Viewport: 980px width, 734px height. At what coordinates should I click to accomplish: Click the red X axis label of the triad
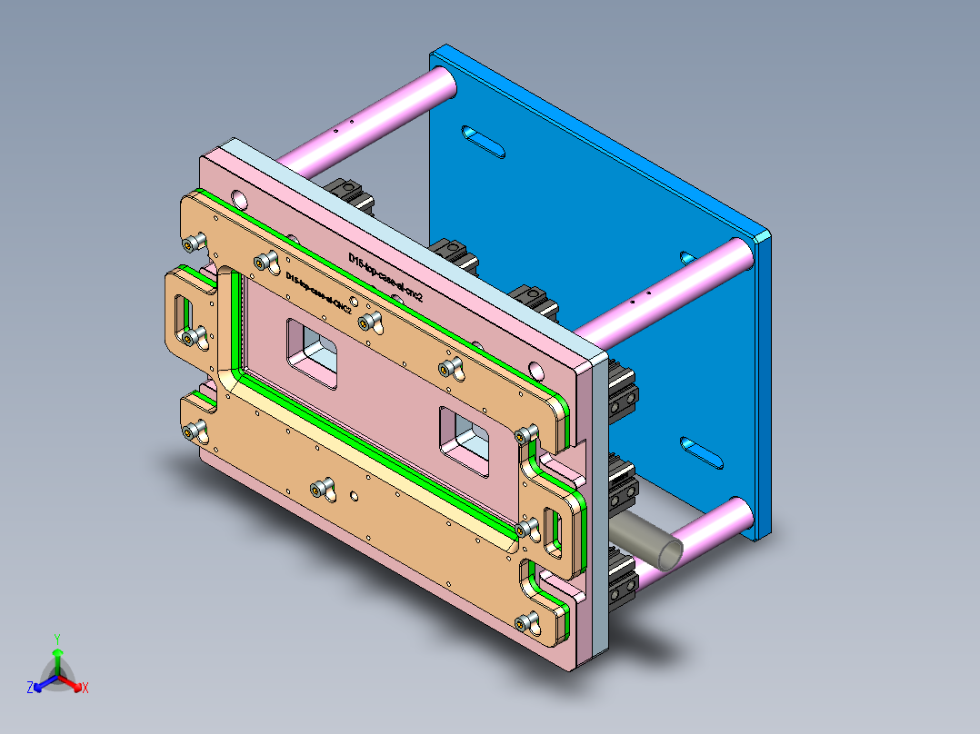pyautogui.click(x=85, y=689)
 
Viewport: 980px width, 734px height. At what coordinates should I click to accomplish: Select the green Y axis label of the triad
pyautogui.click(x=56, y=639)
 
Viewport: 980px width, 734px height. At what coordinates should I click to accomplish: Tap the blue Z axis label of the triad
pyautogui.click(x=30, y=689)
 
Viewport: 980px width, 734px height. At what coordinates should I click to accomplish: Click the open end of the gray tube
pyautogui.click(x=667, y=551)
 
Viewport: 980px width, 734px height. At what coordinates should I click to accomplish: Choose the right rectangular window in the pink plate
pyautogui.click(x=465, y=441)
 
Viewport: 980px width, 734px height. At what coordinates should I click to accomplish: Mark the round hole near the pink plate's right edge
pyautogui.click(x=536, y=370)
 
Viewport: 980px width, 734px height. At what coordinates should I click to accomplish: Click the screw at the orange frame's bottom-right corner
pyautogui.click(x=524, y=622)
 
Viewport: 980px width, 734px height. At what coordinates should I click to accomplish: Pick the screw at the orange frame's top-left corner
pyautogui.click(x=192, y=242)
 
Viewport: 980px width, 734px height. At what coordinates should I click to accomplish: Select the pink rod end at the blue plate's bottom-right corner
pyautogui.click(x=738, y=519)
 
